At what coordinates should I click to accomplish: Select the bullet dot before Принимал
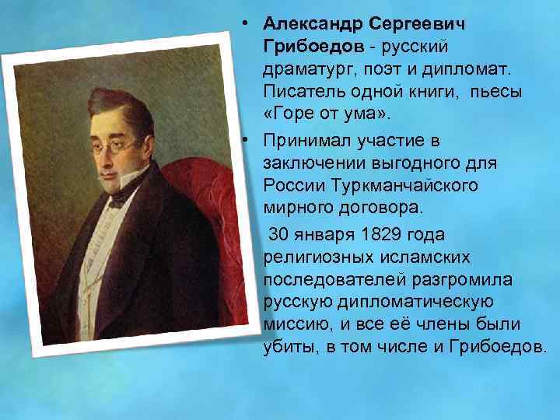[x=245, y=140]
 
